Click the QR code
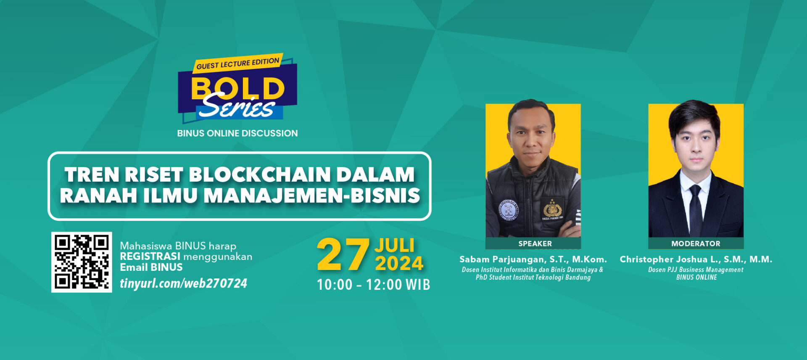[x=82, y=262]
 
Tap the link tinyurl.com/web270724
[x=183, y=283]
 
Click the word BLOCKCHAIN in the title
[x=260, y=175]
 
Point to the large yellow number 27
[x=343, y=255]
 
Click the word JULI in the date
[x=394, y=246]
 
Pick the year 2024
[x=399, y=264]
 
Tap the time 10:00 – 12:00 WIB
[x=373, y=285]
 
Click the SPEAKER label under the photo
[x=535, y=244]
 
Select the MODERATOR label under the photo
[x=696, y=244]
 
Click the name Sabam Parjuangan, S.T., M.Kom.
[x=533, y=259]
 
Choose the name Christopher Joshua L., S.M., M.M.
[x=696, y=259]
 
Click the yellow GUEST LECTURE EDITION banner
[x=238, y=63]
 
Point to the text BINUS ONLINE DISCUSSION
[x=237, y=133]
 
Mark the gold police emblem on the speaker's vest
[x=552, y=208]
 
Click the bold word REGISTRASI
[x=150, y=257]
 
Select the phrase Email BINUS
[x=151, y=267]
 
